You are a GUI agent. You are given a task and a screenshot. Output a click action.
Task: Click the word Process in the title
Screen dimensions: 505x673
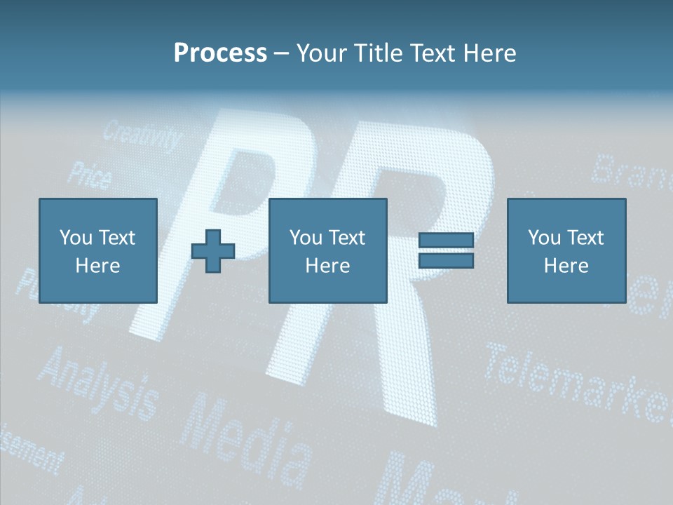pos(220,53)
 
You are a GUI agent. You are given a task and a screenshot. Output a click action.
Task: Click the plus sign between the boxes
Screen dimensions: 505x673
pos(213,251)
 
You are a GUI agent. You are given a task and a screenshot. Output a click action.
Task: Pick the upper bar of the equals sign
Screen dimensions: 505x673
pos(446,241)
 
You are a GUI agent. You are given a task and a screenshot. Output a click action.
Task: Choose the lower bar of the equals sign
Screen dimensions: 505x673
pos(446,261)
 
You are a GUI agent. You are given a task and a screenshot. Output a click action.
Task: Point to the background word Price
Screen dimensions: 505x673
pos(89,175)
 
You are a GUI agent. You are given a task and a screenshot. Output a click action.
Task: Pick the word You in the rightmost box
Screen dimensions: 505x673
pos(543,238)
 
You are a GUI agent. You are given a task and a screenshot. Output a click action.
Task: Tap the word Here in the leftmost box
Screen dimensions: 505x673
pos(97,266)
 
